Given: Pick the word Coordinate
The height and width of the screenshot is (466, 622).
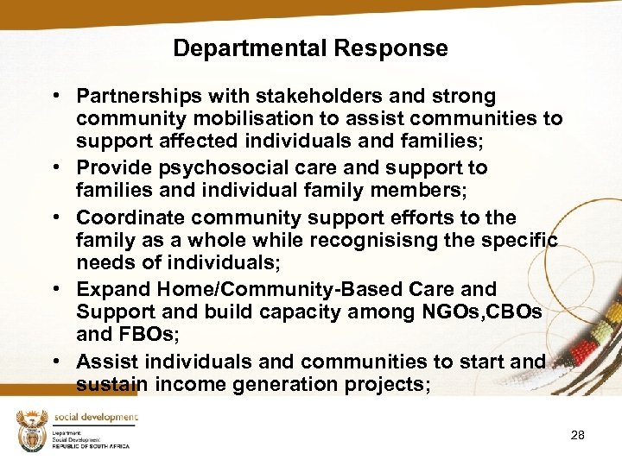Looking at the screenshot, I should pos(130,217).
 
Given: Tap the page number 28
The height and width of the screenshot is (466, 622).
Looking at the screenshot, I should pos(578,435).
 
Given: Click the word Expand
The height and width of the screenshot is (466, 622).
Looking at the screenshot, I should pos(107,289).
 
